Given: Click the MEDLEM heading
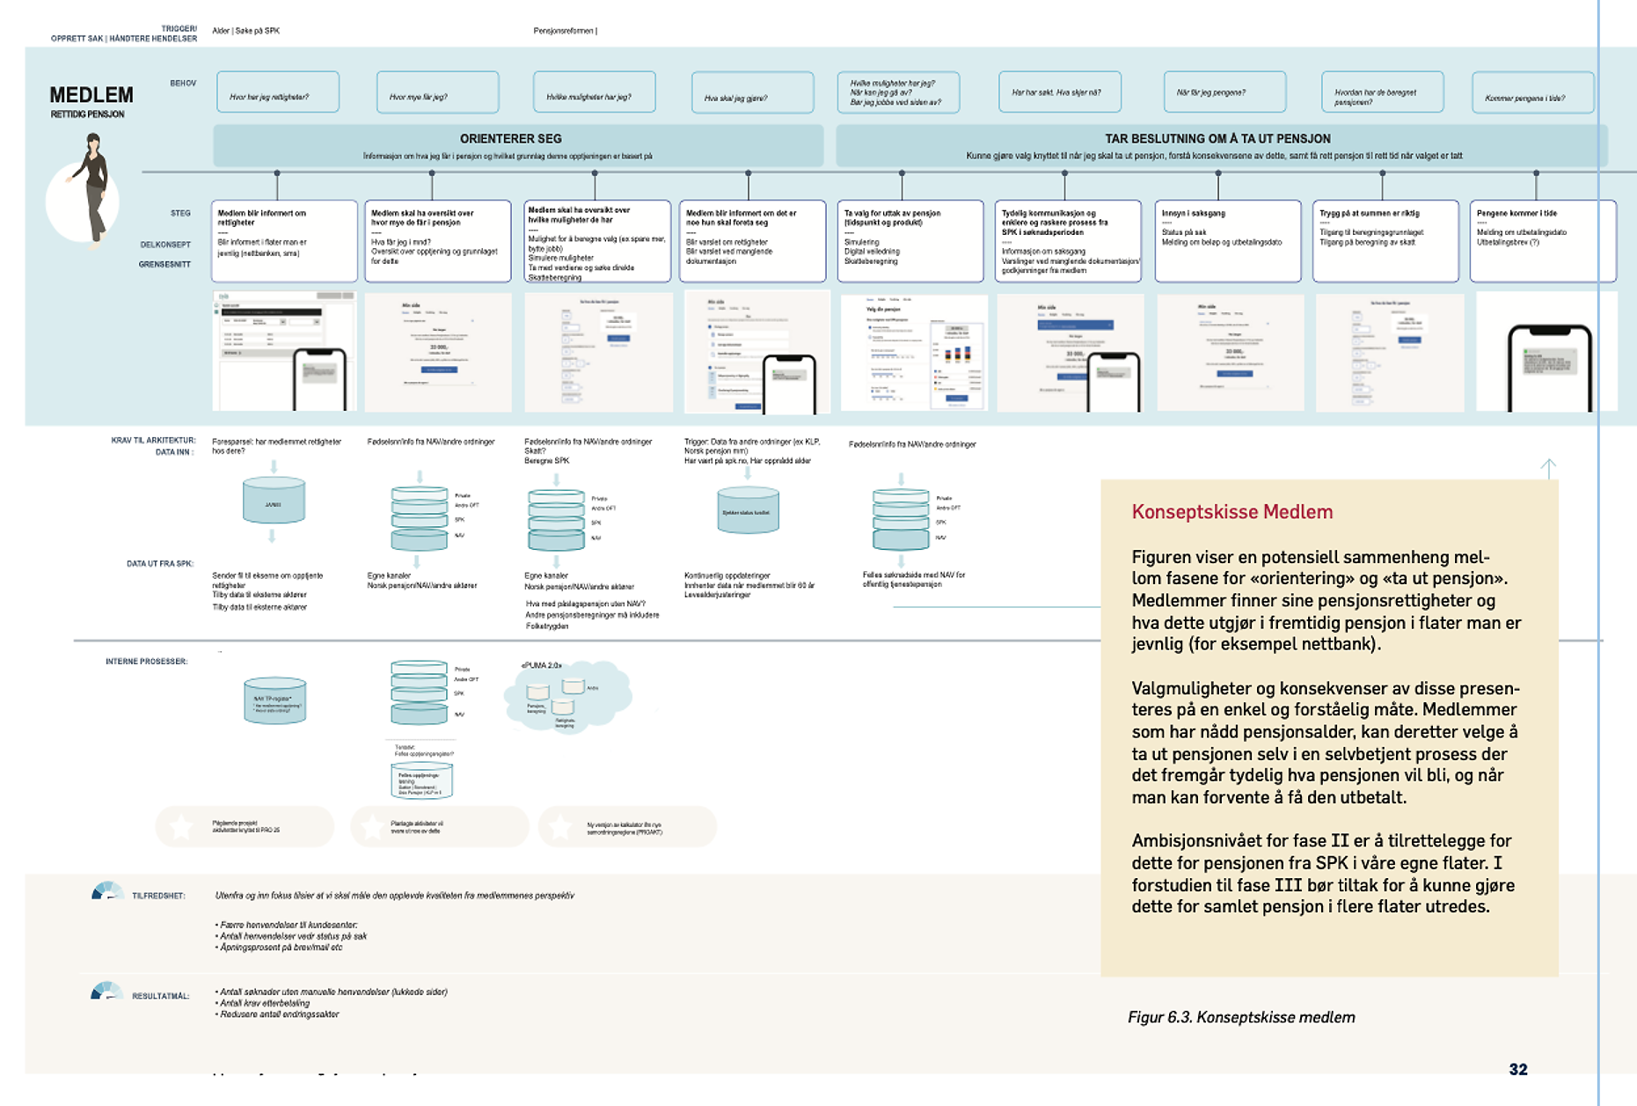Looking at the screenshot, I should point(91,95).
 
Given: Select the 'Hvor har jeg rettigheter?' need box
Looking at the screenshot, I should point(277,92).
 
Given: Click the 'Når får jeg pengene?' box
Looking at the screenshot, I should point(1224,92).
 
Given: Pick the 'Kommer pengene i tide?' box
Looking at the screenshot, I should point(1532,93).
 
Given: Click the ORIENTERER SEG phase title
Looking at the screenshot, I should point(510,139).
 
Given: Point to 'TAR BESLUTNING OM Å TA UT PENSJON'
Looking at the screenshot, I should point(1217,139).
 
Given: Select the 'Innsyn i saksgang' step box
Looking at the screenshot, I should point(1227,240).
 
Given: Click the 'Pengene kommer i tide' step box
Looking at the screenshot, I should point(1542,240).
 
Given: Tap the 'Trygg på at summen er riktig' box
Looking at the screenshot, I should point(1385,240).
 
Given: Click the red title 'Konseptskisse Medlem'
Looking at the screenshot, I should point(1231,512).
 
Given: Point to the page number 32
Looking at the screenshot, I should point(1518,1069).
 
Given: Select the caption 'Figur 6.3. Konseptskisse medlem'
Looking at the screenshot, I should point(1241,1017).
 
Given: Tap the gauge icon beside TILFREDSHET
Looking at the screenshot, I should point(106,892).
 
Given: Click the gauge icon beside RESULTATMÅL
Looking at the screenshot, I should point(106,992).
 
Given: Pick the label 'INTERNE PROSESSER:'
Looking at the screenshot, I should point(146,661).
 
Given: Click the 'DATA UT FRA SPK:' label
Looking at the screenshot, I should point(159,563).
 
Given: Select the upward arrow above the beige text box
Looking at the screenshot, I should point(1548,467).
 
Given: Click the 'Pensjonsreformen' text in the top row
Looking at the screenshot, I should point(565,31).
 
